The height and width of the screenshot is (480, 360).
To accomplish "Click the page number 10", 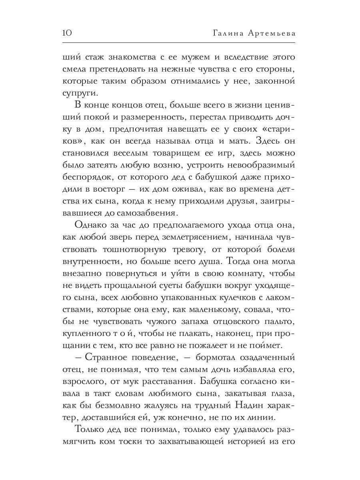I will coord(67,33).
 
